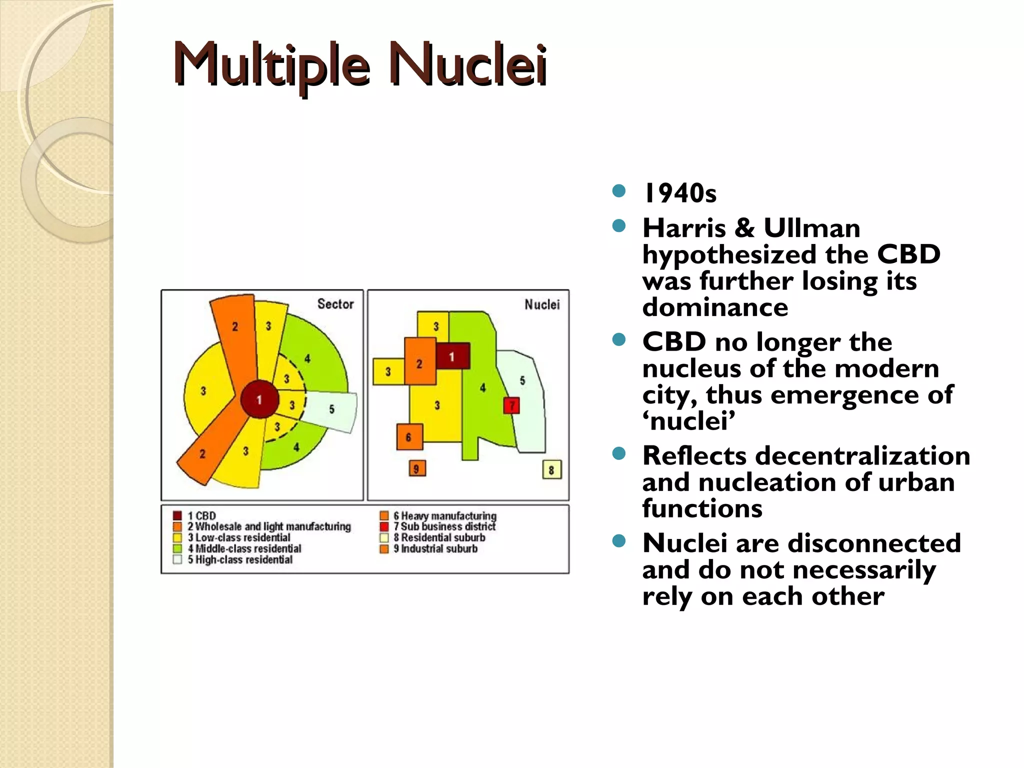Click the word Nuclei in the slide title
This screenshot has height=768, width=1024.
click(x=467, y=65)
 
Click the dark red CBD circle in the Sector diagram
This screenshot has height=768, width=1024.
click(x=259, y=399)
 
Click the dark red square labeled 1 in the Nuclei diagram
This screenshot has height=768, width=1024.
click(x=452, y=356)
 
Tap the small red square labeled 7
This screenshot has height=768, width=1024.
click(x=511, y=405)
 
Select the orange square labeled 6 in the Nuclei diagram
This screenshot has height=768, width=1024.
click(x=409, y=437)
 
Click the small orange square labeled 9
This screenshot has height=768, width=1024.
click(x=416, y=468)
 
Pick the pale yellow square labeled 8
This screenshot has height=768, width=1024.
click(x=551, y=469)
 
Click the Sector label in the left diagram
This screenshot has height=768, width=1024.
click(x=335, y=304)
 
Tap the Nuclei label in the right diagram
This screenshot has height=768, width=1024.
click(x=542, y=304)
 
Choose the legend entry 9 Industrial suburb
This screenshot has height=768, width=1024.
click(x=434, y=548)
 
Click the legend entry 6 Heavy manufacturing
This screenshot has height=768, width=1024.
click(x=444, y=515)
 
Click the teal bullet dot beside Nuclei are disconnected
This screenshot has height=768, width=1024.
click(x=619, y=541)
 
